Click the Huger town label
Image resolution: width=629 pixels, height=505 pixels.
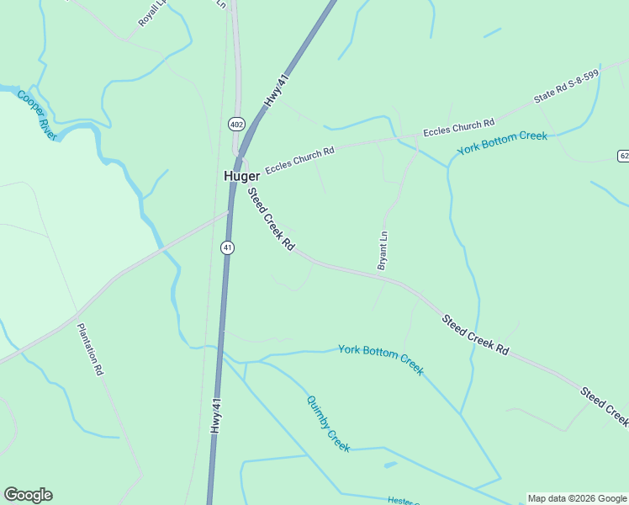[241, 176]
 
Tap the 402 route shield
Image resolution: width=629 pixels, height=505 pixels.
[236, 125]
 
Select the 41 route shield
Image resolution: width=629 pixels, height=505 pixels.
[228, 247]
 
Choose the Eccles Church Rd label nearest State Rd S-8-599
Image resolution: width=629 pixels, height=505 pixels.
[458, 129]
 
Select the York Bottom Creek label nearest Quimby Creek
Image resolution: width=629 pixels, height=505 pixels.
[381, 359]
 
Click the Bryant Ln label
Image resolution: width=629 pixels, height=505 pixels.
[383, 250]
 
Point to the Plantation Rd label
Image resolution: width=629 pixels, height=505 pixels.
[90, 348]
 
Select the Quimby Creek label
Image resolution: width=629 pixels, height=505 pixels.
[328, 424]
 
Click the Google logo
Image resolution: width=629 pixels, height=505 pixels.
[28, 495]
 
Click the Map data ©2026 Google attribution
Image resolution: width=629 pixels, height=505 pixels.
[578, 498]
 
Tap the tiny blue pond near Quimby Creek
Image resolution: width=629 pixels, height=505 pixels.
[389, 464]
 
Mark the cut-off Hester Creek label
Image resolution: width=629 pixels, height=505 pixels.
[404, 501]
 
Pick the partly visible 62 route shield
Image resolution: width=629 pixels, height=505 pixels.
[623, 156]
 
